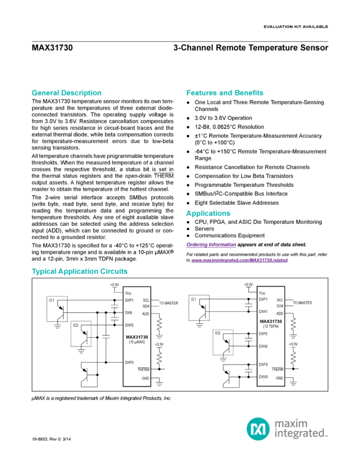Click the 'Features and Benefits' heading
tap(225, 93)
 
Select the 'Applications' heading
tap(208, 213)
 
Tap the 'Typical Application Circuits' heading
tap(79, 271)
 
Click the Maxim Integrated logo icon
tap(256, 428)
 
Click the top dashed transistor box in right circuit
tap(200, 307)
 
